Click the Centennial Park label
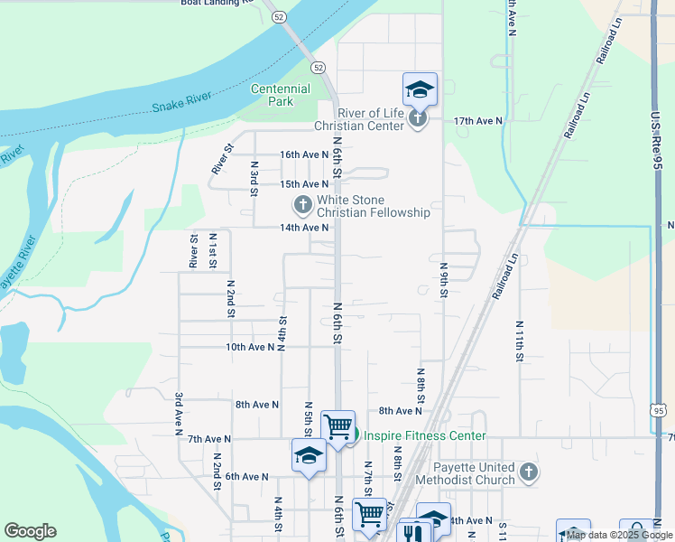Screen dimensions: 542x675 click(x=280, y=95)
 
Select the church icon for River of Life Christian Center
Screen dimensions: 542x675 click(x=417, y=119)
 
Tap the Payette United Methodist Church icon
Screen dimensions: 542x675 click(x=529, y=472)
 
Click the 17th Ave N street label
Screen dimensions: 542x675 click(x=477, y=120)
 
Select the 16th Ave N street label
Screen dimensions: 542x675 click(x=303, y=155)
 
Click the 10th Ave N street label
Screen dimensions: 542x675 click(x=249, y=347)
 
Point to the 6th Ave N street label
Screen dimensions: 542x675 click(x=247, y=476)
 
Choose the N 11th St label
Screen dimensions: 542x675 click(x=520, y=341)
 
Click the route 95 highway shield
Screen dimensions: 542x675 click(x=659, y=411)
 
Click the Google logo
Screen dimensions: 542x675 click(x=31, y=531)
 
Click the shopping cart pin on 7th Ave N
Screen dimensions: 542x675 click(x=337, y=425)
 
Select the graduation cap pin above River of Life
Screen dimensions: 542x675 click(x=420, y=89)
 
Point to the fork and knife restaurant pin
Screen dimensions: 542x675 click(x=412, y=532)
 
